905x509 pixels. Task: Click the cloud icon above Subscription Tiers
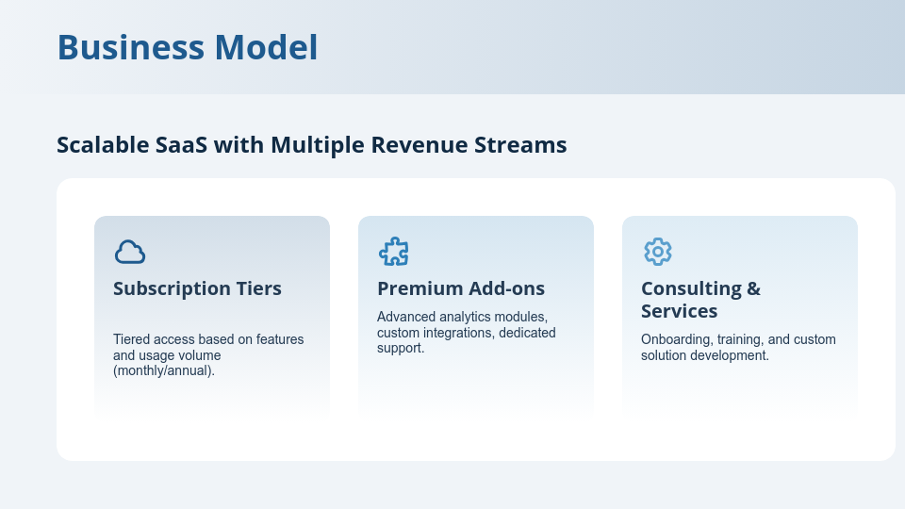pyautogui.click(x=130, y=252)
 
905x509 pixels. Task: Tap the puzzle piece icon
pyautogui.click(x=393, y=252)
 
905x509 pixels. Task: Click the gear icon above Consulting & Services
pyautogui.click(x=657, y=252)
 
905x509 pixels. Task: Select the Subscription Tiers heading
pyautogui.click(x=197, y=288)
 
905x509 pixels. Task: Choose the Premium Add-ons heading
pyautogui.click(x=461, y=288)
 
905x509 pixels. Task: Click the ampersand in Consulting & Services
pyautogui.click(x=752, y=288)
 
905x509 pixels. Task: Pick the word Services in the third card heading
pyautogui.click(x=679, y=311)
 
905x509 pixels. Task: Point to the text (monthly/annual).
pyautogui.click(x=164, y=370)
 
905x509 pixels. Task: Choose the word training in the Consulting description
pyautogui.click(x=751, y=340)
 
